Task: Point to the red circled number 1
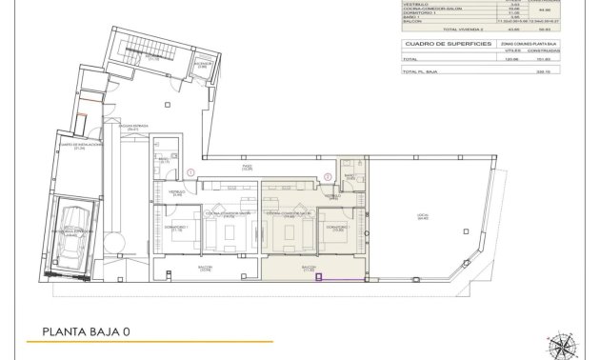point(190,172)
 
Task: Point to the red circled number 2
point(327,175)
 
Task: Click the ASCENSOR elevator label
point(203,66)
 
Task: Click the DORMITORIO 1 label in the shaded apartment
point(337,229)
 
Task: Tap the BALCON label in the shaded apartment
point(310,269)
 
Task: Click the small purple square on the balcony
point(320,278)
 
